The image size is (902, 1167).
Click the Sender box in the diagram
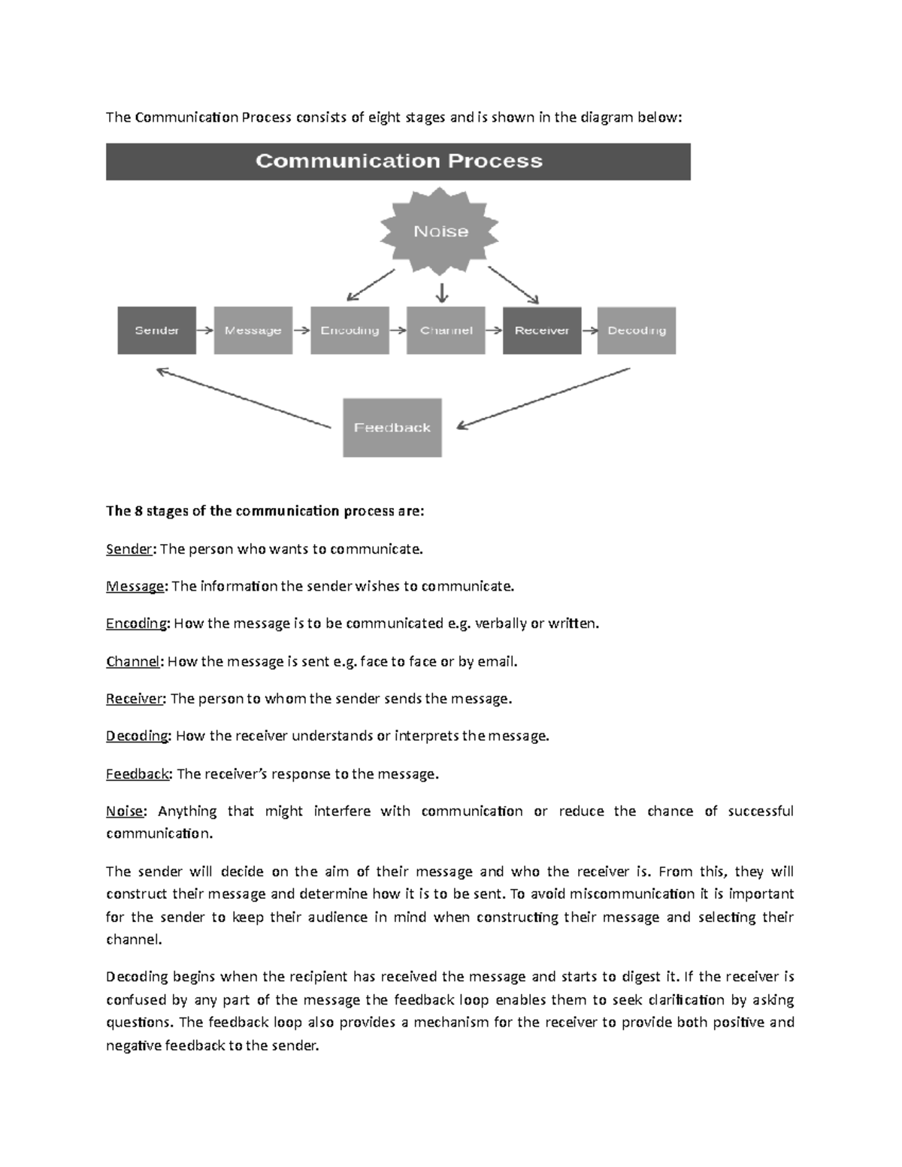pyautogui.click(x=156, y=330)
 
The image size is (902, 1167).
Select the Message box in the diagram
pyautogui.click(x=253, y=330)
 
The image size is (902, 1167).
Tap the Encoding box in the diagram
pyautogui.click(x=350, y=330)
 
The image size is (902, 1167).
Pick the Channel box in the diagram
pyautogui.click(x=446, y=330)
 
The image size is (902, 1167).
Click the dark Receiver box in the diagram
pyautogui.click(x=542, y=330)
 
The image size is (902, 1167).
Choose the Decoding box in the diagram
pyautogui.click(x=637, y=330)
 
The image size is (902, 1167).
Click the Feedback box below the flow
pyautogui.click(x=392, y=428)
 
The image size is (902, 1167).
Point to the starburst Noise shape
pyautogui.click(x=440, y=231)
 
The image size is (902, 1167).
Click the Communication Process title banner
pyautogui.click(x=398, y=162)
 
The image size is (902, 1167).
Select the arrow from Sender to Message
pyautogui.click(x=204, y=330)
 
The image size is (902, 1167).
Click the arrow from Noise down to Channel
pyautogui.click(x=442, y=292)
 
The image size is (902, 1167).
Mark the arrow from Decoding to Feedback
pyautogui.click(x=543, y=398)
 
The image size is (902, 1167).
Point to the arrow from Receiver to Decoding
pyautogui.click(x=589, y=330)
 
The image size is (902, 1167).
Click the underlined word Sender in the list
pyautogui.click(x=129, y=549)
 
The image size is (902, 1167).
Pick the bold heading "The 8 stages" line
pyautogui.click(x=265, y=511)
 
